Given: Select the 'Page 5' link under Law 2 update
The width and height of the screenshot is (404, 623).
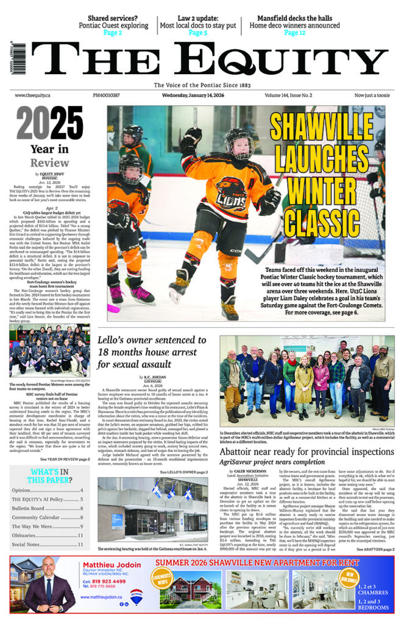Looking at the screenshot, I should (197, 33).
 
